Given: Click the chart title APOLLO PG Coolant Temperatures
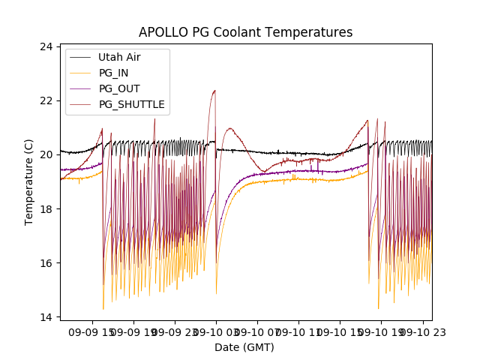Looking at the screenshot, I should pyautogui.click(x=245, y=33).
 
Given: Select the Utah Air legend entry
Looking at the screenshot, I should pyautogui.click(x=119, y=57).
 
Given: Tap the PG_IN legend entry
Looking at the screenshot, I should pyautogui.click(x=113, y=73).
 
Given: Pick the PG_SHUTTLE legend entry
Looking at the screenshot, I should pyautogui.click(x=132, y=104).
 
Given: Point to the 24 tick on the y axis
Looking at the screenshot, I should pyautogui.click(x=46, y=46).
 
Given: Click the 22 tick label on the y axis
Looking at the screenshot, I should pyautogui.click(x=46, y=100).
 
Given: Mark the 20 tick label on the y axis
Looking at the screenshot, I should pyautogui.click(x=46, y=154).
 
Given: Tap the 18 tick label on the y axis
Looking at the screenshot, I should pyautogui.click(x=46, y=208).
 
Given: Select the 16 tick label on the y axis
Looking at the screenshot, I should pyautogui.click(x=46, y=262).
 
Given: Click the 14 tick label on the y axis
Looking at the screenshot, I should pyautogui.click(x=46, y=316).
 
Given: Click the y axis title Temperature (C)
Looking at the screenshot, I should pyautogui.click(x=29, y=182).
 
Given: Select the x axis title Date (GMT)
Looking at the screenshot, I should pyautogui.click(x=244, y=347).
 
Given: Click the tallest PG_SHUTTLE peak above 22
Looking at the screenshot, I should pyautogui.click(x=214, y=91).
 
